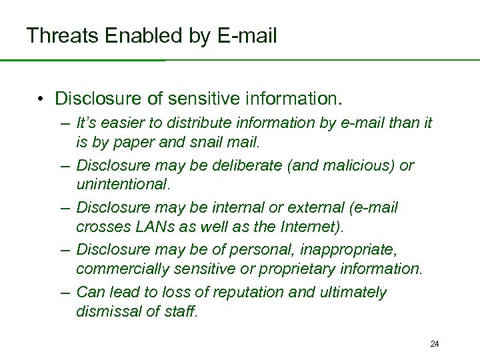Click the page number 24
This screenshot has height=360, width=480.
[435, 344]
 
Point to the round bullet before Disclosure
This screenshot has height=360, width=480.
[41, 99]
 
